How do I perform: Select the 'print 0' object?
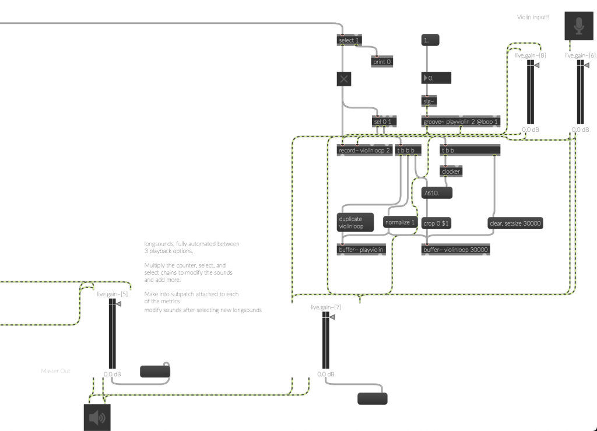point(382,61)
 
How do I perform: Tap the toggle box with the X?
point(344,79)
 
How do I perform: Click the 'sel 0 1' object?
point(384,121)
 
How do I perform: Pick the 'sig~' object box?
point(429,101)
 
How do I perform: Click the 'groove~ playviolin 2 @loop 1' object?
point(461,122)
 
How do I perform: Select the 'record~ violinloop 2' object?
point(364,150)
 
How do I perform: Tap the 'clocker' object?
point(451,171)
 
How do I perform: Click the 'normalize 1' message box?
point(400,222)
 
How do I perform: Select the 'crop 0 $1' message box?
point(437,223)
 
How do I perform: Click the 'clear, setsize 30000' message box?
point(515,222)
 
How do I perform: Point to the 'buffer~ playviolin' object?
point(361,250)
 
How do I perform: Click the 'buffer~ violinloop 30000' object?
point(455,250)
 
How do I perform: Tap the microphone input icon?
point(578,26)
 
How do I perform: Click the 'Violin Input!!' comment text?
point(533,17)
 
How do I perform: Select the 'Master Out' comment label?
point(55,370)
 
